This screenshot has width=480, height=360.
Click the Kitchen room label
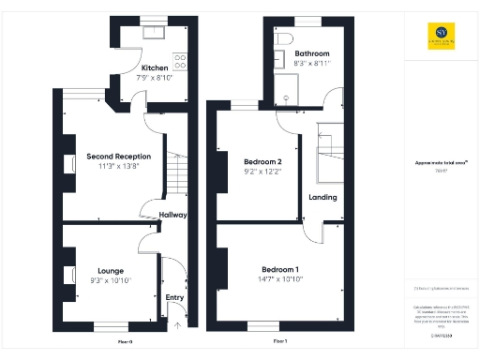[x=155, y=68]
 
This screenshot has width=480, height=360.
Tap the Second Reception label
[x=112, y=156]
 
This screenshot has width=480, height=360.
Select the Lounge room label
[x=111, y=271]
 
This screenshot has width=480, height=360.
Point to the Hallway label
[x=172, y=215]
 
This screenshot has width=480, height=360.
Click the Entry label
[x=175, y=298]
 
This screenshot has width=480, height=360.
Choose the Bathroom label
[x=312, y=54]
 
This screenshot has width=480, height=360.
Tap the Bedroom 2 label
[x=248, y=161]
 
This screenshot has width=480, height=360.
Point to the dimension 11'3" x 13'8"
[x=112, y=166]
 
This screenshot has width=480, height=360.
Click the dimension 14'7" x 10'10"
[x=280, y=278]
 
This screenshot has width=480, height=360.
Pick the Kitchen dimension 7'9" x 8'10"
[x=155, y=79]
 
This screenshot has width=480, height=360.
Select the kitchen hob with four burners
[x=179, y=61]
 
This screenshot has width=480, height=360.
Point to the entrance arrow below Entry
[x=177, y=326]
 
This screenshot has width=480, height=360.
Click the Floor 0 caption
[x=126, y=342]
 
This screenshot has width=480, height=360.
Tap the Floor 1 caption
[x=279, y=342]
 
